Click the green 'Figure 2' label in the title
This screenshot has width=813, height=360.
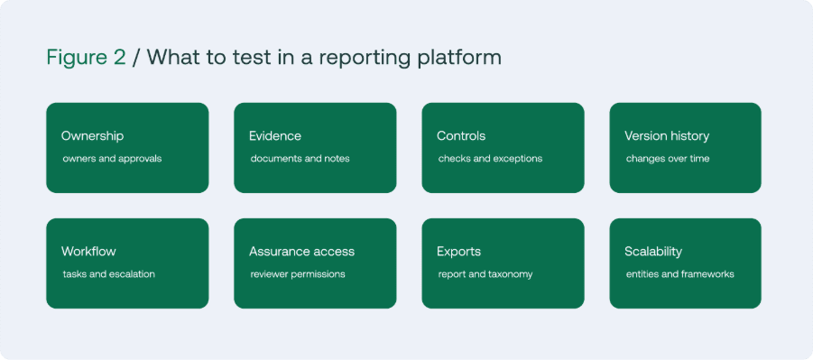[86, 58]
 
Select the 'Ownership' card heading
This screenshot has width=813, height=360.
[92, 136]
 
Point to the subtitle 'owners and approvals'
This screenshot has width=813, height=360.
[112, 159]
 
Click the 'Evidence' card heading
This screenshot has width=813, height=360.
[275, 136]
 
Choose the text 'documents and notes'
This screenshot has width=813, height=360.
[300, 159]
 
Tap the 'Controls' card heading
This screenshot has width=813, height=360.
[461, 136]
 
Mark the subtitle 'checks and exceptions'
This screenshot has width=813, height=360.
[490, 159]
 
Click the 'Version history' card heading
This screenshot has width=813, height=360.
[667, 136]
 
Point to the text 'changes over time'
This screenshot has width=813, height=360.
[668, 159]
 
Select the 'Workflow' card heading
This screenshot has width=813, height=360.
[88, 252]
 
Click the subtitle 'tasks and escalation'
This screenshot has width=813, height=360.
[108, 274]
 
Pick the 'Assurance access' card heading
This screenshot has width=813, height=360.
[301, 252]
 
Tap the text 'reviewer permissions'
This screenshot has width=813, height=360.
[298, 274]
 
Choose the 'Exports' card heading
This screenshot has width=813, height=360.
[458, 252]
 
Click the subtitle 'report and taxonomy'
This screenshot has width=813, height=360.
[485, 274]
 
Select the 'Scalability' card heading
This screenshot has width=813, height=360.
[652, 252]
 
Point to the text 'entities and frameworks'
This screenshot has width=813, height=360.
[679, 274]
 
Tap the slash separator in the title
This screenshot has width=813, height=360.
[136, 58]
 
